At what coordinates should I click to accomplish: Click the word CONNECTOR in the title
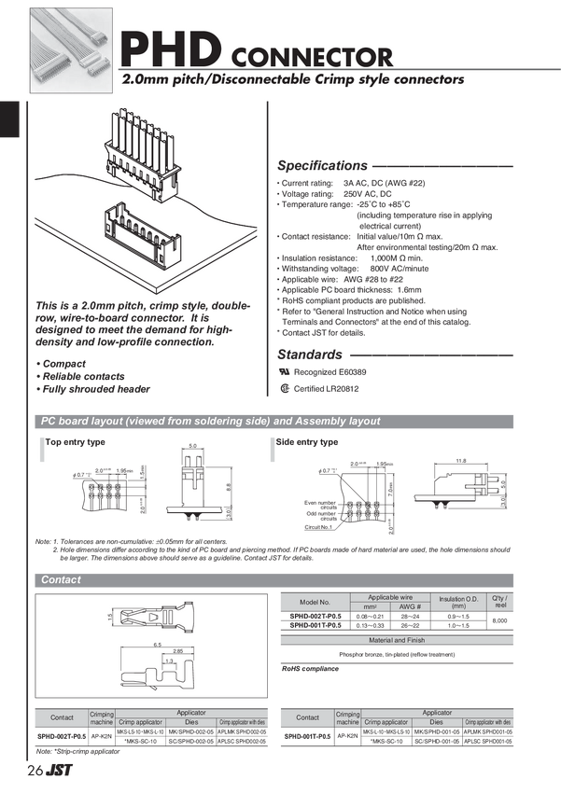(310, 56)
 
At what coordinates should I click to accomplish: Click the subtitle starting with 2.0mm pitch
(293, 80)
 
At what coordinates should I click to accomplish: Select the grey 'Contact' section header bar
(274, 580)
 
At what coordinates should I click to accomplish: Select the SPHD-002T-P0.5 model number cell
(316, 617)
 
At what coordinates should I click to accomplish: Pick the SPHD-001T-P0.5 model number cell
(316, 626)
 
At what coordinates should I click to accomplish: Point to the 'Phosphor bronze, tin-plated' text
(397, 654)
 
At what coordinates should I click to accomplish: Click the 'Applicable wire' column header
(385, 596)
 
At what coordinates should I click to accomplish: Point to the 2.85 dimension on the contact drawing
(164, 653)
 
